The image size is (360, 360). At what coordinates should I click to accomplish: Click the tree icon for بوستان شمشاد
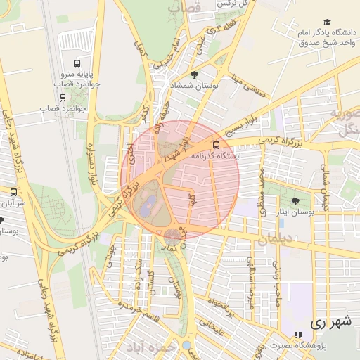pyautogui.click(x=195, y=75)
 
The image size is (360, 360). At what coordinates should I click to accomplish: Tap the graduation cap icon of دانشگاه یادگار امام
pyautogui.click(x=326, y=23)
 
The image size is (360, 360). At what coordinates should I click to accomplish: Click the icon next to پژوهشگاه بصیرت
pyautogui.click(x=298, y=335)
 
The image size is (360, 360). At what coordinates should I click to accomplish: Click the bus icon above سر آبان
pyautogui.click(x=13, y=191)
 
